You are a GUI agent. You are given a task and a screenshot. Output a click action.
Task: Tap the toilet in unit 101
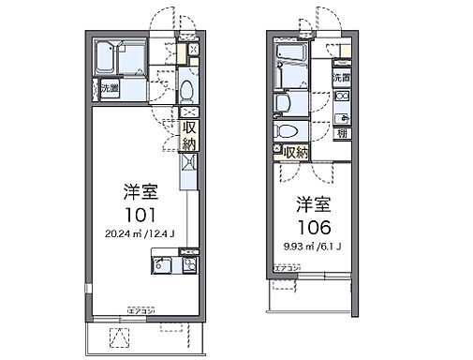click(185, 91)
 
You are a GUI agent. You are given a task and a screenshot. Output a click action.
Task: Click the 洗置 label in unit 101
click(109, 90)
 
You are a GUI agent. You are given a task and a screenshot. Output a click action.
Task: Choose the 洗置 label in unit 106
click(342, 78)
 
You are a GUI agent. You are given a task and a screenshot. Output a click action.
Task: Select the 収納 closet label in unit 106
click(296, 150)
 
